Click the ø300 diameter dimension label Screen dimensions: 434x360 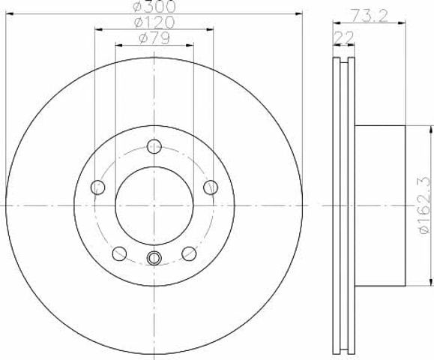154,7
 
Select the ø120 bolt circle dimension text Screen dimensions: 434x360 154,22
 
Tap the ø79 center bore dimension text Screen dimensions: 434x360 154,38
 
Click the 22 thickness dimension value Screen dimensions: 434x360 344,37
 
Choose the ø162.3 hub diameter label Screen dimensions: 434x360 425,205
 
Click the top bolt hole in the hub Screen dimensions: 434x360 154,146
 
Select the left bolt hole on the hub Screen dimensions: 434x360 97,187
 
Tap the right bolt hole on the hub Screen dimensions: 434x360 211,187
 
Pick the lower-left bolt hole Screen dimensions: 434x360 119,253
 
